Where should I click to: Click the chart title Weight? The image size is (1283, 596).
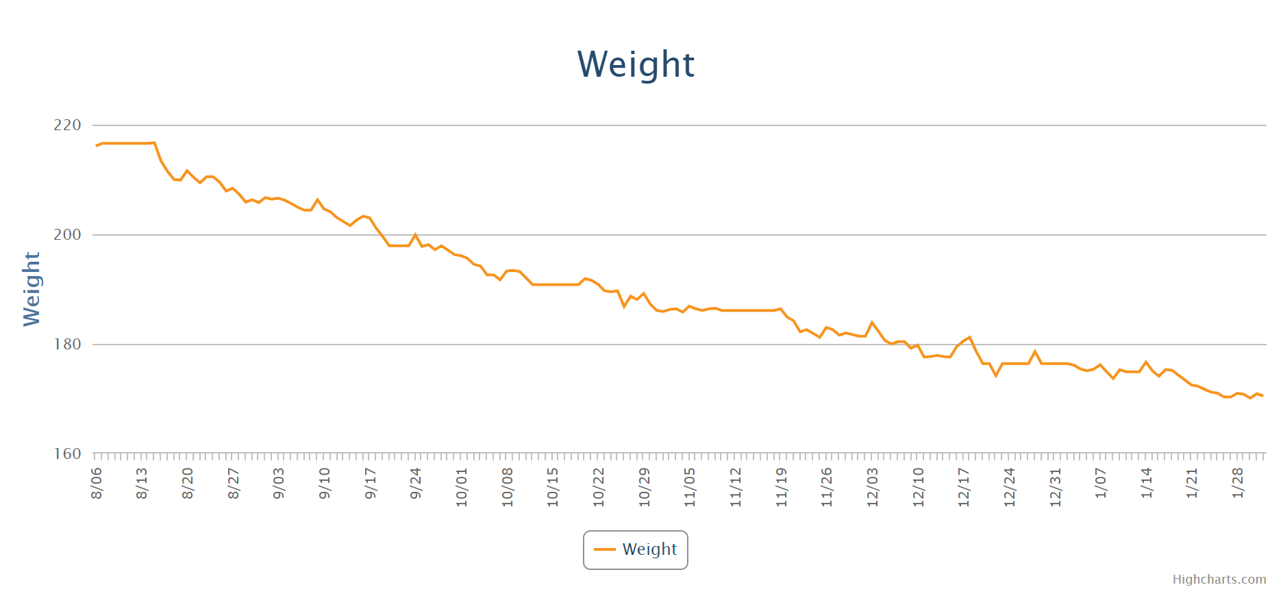click(636, 64)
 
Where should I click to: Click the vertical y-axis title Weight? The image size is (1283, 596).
click(32, 288)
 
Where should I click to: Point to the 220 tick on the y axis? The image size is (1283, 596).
click(67, 125)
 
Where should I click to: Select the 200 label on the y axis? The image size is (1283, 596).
click(67, 235)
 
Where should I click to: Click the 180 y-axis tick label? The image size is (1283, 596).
click(67, 345)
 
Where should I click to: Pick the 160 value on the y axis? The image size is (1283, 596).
click(67, 454)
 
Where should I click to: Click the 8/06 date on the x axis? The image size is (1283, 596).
click(97, 483)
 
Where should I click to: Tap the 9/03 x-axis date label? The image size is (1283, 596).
click(279, 483)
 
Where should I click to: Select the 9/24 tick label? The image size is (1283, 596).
click(416, 483)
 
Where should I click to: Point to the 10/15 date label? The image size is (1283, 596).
click(553, 487)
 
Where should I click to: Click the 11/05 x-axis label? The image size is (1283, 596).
click(690, 487)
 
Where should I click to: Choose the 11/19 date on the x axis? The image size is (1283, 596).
click(782, 487)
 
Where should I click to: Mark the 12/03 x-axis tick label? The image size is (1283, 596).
click(873, 487)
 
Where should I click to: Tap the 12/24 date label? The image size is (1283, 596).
click(1010, 487)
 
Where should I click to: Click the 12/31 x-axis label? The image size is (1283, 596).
click(1056, 487)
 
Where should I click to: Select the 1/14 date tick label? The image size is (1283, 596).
click(1147, 483)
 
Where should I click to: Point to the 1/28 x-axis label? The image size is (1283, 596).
click(1238, 483)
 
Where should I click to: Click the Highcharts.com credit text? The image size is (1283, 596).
click(1219, 580)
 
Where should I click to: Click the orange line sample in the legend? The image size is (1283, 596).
click(605, 549)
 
